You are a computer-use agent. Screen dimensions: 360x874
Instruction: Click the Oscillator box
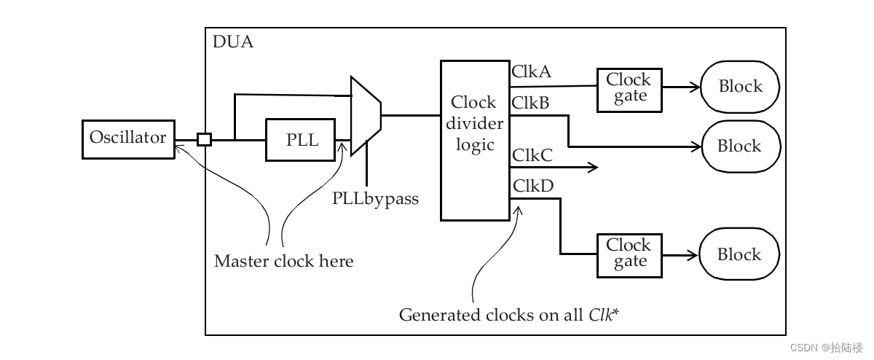coord(128,138)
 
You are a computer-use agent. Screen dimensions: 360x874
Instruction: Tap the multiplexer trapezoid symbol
coord(365,116)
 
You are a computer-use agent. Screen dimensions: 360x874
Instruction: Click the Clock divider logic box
coord(475,141)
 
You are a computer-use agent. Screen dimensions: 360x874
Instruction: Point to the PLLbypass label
coord(375,197)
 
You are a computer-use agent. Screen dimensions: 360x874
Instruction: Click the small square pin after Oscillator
coord(205,139)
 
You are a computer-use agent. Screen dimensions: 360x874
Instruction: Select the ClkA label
coord(532,71)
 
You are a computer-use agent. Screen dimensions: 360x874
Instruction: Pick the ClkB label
coord(532,103)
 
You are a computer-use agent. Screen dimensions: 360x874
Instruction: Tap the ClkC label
coord(532,155)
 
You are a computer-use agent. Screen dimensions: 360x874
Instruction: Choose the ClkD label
coord(533,186)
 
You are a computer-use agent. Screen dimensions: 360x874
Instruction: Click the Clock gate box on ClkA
coord(629,90)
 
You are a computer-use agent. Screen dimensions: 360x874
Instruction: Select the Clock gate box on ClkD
coord(629,255)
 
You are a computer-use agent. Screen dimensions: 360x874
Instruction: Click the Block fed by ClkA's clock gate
coord(740,87)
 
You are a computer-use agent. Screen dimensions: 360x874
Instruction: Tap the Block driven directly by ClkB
coord(740,146)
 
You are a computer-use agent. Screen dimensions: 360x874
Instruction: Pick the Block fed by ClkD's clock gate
coord(739,255)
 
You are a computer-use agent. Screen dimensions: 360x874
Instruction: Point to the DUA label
coord(232,42)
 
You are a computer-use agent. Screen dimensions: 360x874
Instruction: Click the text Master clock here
coord(283,261)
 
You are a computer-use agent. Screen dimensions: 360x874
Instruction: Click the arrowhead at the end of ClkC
coord(593,168)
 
